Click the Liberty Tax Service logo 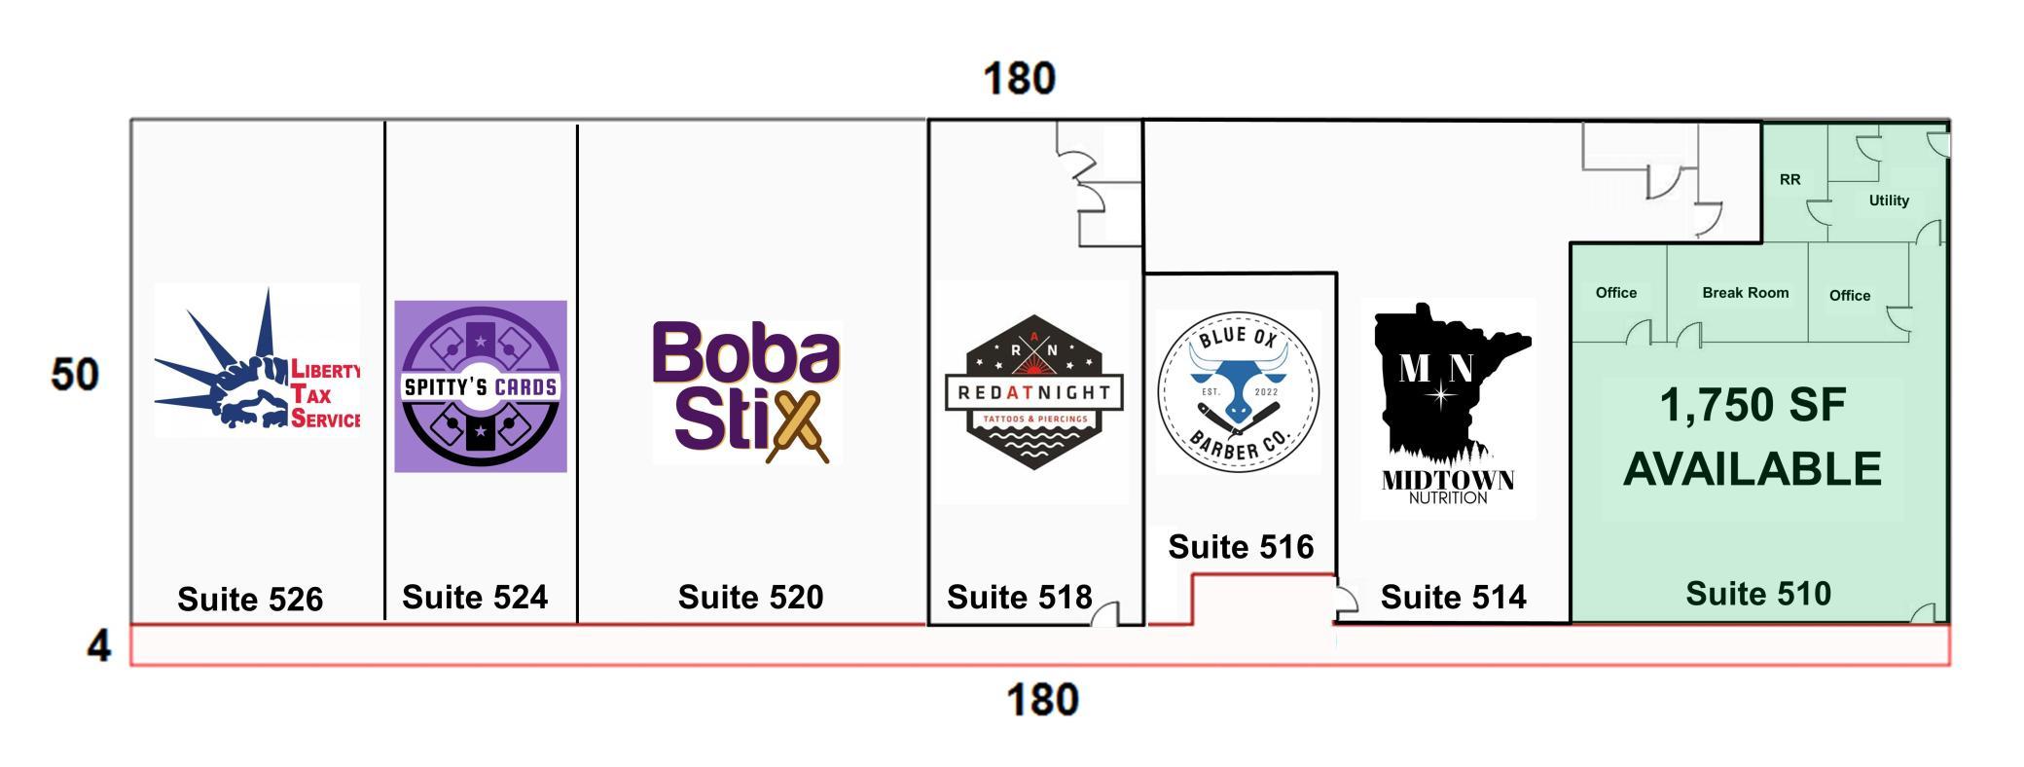point(258,359)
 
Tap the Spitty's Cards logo point(481,386)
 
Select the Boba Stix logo point(746,392)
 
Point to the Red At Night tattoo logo point(1034,392)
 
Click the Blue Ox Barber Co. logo point(1239,392)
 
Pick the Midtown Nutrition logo point(1449,405)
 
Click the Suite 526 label point(250,600)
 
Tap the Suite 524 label point(475,597)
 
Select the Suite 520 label point(750,597)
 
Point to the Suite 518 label point(1020,597)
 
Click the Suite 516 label point(1241,547)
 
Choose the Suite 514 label point(1454,597)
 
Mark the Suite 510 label point(1758,594)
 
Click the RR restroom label point(1790,180)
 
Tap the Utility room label point(1889,201)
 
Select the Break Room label point(1746,293)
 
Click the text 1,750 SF point(1753,405)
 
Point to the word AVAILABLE point(1753,469)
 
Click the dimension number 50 point(75,375)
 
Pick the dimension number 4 point(99,646)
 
